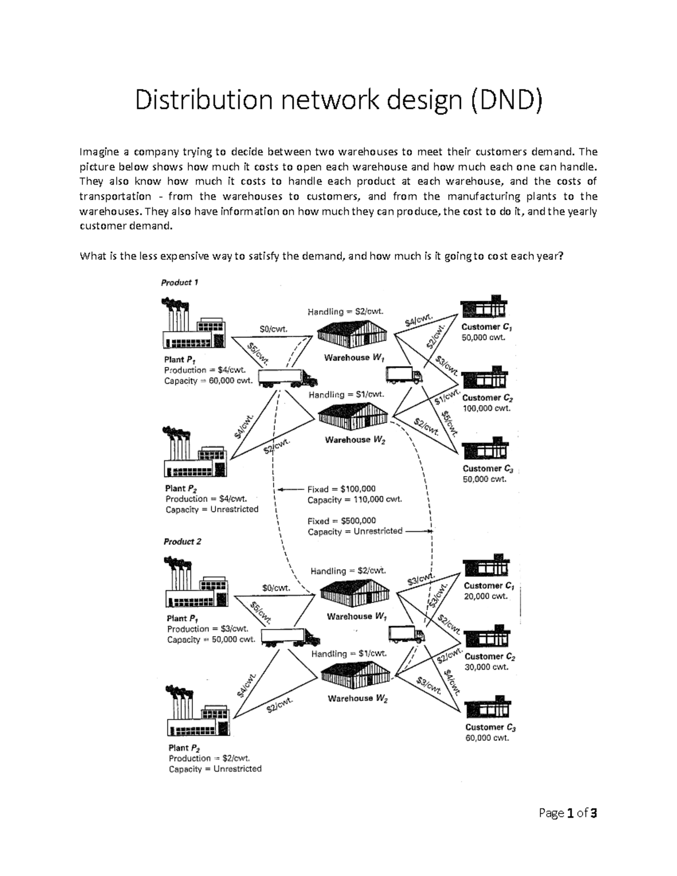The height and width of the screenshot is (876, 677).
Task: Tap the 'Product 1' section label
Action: (179, 283)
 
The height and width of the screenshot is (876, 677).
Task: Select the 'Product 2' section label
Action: (182, 542)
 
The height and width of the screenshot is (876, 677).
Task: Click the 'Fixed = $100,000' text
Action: (341, 489)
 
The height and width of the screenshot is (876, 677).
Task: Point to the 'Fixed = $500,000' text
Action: (341, 521)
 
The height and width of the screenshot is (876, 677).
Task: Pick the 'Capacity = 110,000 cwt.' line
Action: (354, 500)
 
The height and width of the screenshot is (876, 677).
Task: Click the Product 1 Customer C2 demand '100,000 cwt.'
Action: (486, 408)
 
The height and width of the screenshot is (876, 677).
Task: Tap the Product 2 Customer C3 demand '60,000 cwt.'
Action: (487, 738)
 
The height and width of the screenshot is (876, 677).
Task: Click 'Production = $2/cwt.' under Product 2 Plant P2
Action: (209, 758)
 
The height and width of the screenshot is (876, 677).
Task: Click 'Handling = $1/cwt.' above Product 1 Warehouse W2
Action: (346, 395)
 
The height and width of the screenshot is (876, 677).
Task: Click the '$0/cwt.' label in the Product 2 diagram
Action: (276, 587)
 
